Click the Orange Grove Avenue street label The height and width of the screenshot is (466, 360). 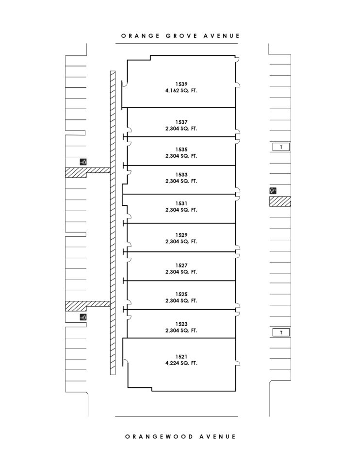tap(180, 36)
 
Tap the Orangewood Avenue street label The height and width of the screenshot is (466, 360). tap(180, 436)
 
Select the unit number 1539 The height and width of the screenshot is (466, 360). tap(181, 84)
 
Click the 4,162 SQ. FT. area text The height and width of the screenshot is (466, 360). tap(181, 91)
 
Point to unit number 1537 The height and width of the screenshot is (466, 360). tap(181, 122)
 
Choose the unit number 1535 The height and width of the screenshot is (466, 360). tap(181, 150)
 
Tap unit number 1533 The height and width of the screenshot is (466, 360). tap(181, 175)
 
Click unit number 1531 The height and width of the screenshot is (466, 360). tap(181, 203)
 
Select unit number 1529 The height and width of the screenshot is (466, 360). tap(181, 235)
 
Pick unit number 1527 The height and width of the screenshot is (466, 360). tap(181, 266)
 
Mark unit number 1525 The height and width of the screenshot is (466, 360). tap(181, 294)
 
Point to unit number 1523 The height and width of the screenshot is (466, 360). tap(181, 324)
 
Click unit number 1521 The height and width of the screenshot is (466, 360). tap(181, 357)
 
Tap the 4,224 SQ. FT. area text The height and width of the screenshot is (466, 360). tap(181, 363)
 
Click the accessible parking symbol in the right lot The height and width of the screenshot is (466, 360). tap(273, 191)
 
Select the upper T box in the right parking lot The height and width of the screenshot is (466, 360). tap(281, 147)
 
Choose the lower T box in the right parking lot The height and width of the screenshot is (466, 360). tap(281, 332)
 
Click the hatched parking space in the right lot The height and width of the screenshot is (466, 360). tap(280, 201)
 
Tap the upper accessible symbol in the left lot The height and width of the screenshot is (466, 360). tap(83, 162)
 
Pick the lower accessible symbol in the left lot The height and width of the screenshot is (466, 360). tap(83, 317)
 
